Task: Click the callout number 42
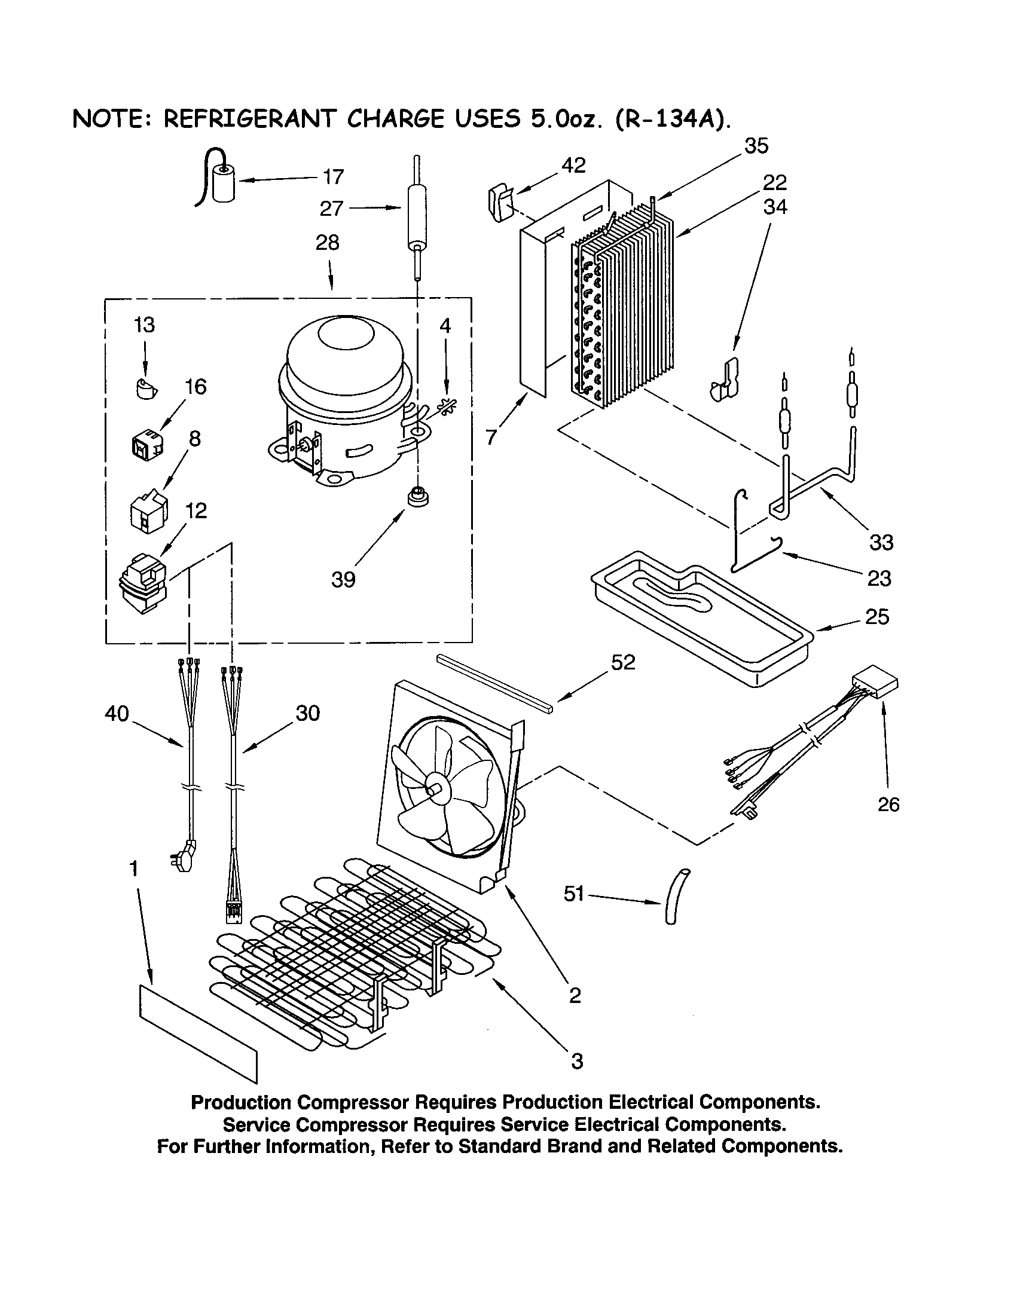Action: [x=573, y=166]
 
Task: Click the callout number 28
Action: [x=328, y=243]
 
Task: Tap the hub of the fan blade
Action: [x=434, y=787]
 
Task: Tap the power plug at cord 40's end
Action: [x=185, y=857]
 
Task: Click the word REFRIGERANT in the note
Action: [x=249, y=119]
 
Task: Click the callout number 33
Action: [x=881, y=543]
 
